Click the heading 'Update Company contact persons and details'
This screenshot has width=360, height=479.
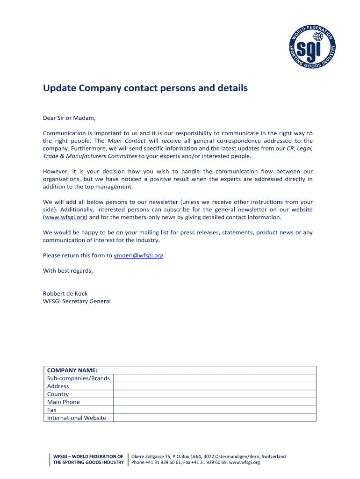tap(145, 88)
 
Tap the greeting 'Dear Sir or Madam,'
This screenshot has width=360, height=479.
tap(69, 118)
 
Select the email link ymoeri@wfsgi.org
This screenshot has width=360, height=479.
tap(138, 255)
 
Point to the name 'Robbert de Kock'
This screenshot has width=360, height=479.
tap(65, 293)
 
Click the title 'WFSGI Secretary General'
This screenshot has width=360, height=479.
tap(77, 301)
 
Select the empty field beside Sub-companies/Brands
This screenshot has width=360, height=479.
tap(215, 378)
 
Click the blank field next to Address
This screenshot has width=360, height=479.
tap(215, 386)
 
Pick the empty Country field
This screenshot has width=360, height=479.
tap(215, 394)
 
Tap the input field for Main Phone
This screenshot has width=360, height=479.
tap(215, 402)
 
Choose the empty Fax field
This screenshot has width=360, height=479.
tap(215, 410)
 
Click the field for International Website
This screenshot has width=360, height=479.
tap(215, 418)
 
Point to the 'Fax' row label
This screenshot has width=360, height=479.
tap(52, 410)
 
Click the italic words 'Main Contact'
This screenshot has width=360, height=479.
tap(127, 141)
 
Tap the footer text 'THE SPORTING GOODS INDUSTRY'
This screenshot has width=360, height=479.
tap(88, 463)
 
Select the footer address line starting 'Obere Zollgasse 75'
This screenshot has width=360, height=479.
tap(209, 456)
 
